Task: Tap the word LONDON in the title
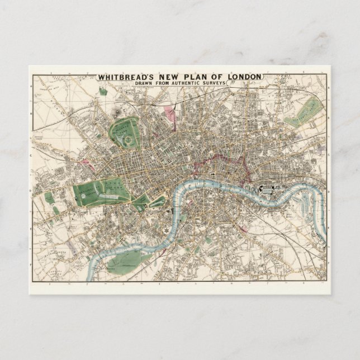240,77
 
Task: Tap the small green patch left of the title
102,89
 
